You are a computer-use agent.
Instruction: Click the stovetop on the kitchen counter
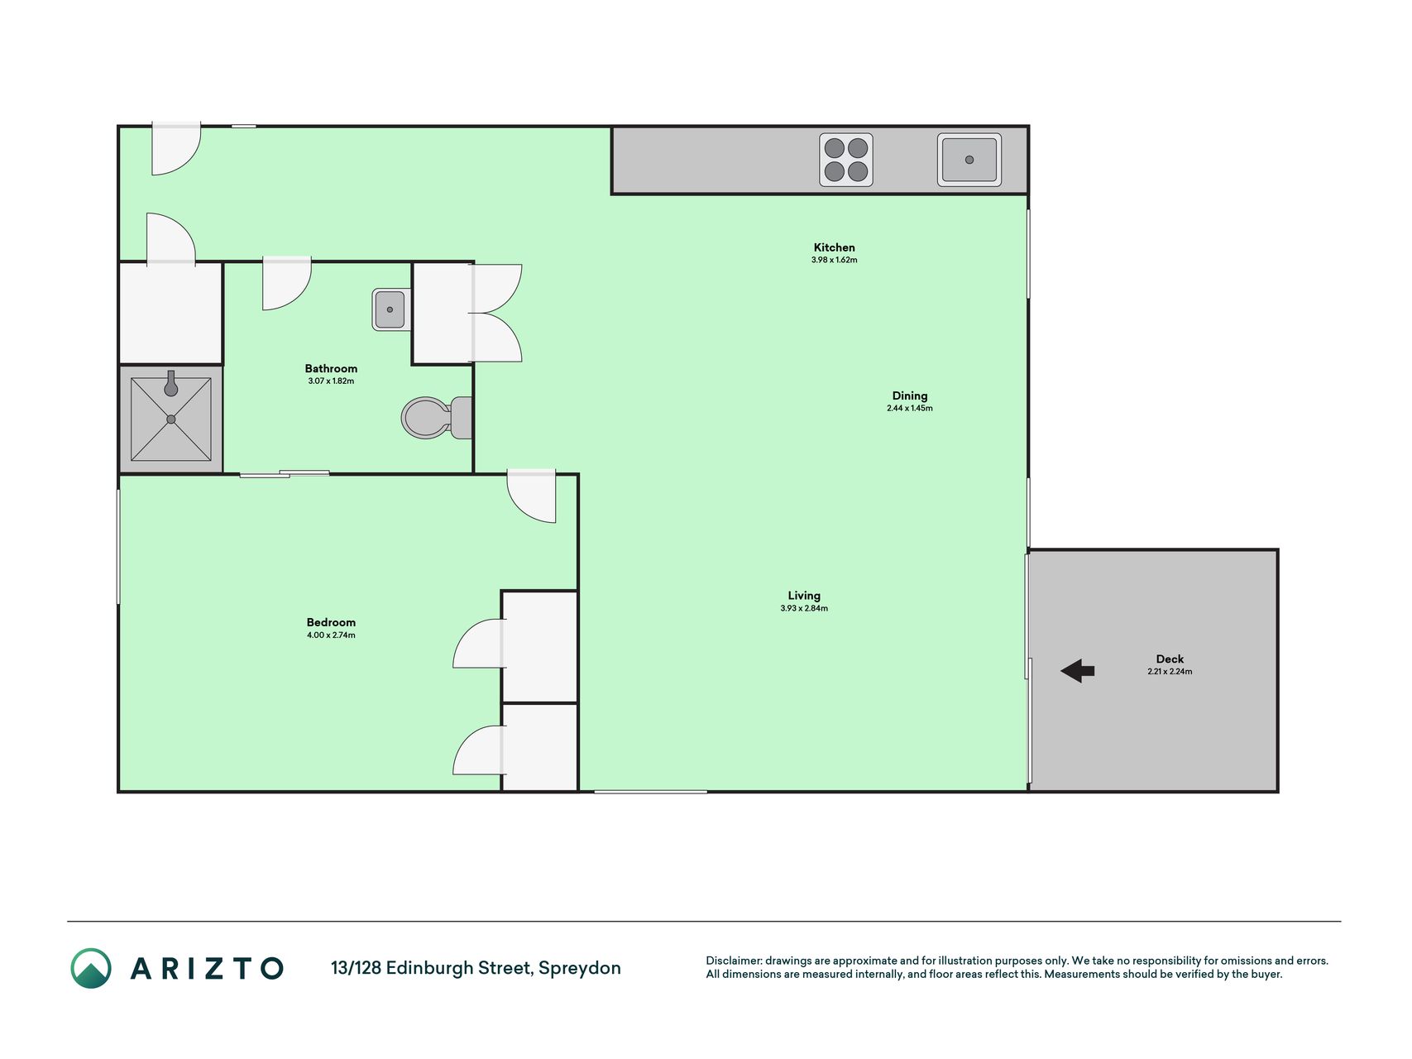(846, 160)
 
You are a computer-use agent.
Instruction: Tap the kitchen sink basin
(969, 160)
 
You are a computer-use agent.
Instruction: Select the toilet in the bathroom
(437, 418)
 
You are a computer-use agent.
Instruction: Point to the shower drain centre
(171, 419)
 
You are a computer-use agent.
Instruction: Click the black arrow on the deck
(1077, 671)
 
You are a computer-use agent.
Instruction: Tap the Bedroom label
(331, 622)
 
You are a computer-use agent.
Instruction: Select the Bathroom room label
(331, 368)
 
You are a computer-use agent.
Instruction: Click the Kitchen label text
(834, 247)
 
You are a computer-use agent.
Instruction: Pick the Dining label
(910, 395)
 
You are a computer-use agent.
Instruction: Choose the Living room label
(804, 596)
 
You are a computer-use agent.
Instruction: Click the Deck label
(1170, 659)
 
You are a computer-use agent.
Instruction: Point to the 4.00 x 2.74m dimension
(331, 635)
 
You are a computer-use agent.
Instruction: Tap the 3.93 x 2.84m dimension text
(804, 608)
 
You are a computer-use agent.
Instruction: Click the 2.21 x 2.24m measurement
(1170, 672)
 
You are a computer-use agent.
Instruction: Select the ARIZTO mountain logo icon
(91, 968)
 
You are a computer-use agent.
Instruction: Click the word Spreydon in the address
(579, 968)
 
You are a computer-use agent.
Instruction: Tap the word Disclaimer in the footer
(733, 961)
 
